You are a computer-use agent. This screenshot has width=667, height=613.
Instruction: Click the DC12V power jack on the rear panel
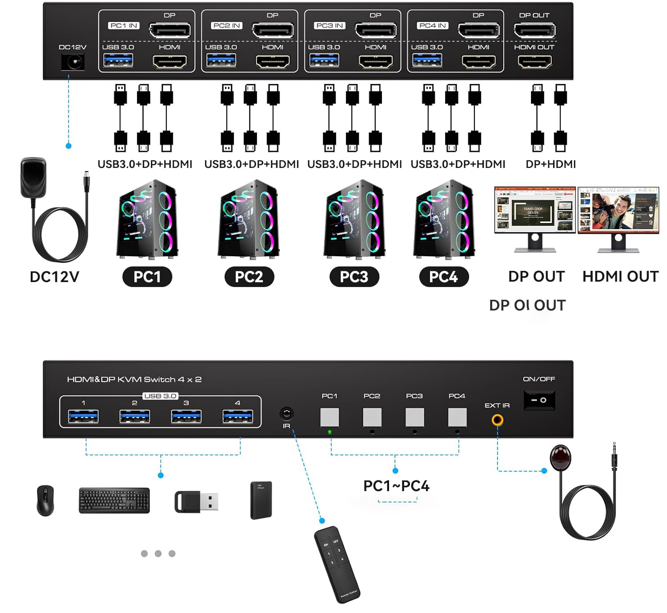[x=72, y=62]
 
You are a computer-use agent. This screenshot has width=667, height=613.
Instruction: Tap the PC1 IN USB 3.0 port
[x=118, y=60]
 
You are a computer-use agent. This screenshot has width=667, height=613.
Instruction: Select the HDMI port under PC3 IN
[x=376, y=61]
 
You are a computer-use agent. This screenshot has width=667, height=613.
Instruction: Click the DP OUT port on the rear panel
[x=534, y=31]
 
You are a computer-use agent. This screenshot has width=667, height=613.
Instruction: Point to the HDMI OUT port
[x=535, y=61]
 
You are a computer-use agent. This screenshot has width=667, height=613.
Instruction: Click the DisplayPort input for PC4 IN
[x=479, y=31]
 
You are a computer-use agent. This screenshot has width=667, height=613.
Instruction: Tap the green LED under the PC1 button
[x=329, y=432]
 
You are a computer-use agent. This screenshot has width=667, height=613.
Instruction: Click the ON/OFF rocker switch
[x=539, y=400]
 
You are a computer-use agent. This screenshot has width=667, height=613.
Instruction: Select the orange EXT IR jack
[x=497, y=420]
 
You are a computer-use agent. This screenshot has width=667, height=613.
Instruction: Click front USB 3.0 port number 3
[x=186, y=416]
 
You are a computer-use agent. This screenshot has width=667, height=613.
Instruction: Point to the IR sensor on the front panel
[x=286, y=414]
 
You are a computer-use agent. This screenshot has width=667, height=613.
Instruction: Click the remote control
[x=336, y=564]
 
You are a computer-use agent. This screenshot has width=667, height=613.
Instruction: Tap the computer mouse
[x=45, y=500]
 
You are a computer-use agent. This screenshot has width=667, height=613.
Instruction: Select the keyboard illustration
[x=114, y=501]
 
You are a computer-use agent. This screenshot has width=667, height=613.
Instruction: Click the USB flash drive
[x=196, y=502]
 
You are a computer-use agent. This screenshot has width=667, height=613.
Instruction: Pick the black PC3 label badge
[x=354, y=277]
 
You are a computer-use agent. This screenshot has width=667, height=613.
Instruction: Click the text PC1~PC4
[x=396, y=486]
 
